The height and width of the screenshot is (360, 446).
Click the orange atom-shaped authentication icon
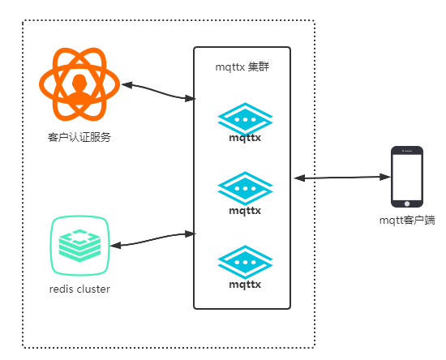click(x=79, y=84)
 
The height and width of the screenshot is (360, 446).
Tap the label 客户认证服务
click(x=79, y=137)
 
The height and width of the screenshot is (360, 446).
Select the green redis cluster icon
click(x=79, y=246)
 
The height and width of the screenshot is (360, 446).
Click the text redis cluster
click(x=79, y=289)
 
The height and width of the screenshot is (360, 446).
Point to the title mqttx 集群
click(x=242, y=67)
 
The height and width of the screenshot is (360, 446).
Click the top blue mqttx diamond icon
click(x=245, y=119)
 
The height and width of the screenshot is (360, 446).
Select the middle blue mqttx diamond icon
click(x=245, y=188)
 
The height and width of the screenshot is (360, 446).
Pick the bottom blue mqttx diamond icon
click(x=245, y=262)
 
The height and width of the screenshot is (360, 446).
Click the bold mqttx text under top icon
click(x=245, y=138)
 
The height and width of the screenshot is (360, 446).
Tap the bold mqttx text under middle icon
click(x=245, y=211)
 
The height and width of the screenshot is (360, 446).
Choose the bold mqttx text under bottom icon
click(x=245, y=285)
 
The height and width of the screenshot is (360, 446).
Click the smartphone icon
click(x=407, y=177)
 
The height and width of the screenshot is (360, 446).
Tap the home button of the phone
click(x=407, y=204)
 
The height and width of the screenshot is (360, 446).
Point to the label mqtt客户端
click(x=407, y=221)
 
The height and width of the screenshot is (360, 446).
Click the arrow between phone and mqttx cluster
click(x=342, y=178)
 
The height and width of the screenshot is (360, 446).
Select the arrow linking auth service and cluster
click(x=158, y=92)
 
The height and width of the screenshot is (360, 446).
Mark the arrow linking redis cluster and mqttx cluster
click(x=152, y=239)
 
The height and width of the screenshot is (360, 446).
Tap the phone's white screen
click(x=407, y=177)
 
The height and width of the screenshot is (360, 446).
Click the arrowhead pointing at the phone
click(x=385, y=177)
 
